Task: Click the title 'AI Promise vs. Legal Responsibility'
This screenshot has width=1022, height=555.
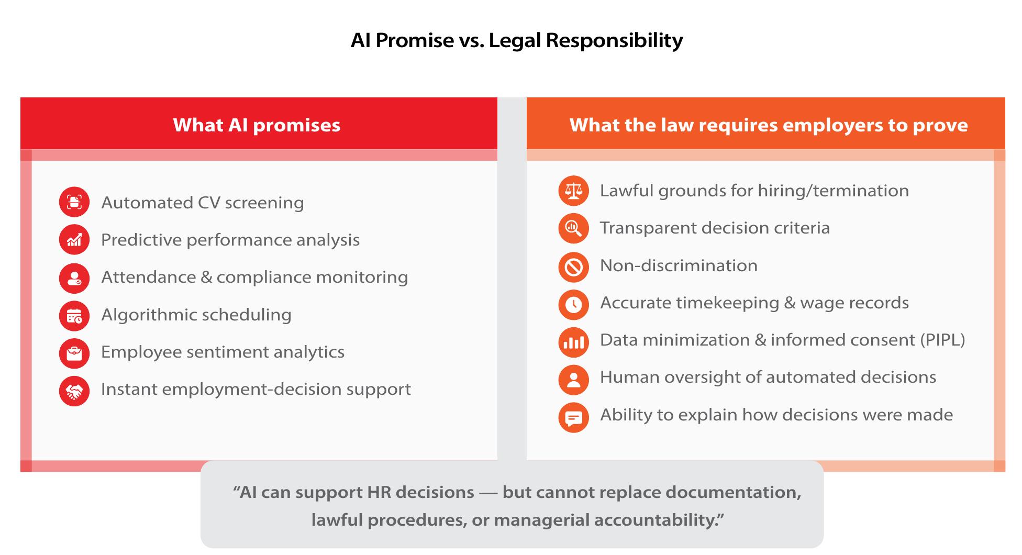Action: [517, 40]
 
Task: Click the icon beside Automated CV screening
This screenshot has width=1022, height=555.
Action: [74, 202]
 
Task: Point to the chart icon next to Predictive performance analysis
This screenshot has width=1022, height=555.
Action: [74, 240]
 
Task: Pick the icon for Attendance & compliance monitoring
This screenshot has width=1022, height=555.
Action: [74, 277]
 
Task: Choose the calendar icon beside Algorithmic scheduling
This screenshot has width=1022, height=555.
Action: [74, 315]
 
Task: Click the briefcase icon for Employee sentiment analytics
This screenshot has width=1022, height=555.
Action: [74, 353]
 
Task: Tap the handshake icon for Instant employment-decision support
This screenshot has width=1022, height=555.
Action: [74, 391]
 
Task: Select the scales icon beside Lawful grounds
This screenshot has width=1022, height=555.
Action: [574, 191]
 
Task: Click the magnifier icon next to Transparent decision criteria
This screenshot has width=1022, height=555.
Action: [574, 228]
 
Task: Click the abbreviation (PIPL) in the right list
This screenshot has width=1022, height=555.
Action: [942, 340]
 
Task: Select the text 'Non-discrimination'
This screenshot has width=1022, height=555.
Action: [679, 265]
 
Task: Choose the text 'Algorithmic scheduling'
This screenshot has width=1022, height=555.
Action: [196, 315]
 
